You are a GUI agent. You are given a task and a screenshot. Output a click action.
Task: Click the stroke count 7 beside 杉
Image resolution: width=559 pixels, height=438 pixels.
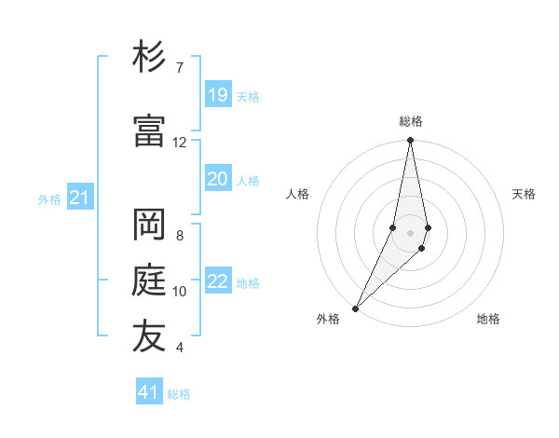point(180,68)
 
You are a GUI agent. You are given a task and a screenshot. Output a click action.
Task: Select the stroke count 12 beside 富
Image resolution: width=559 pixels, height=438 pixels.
point(180,143)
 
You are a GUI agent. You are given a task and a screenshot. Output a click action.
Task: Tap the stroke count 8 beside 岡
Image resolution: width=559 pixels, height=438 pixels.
point(180,236)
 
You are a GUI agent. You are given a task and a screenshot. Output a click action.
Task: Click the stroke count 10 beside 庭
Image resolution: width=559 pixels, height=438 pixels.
point(180,292)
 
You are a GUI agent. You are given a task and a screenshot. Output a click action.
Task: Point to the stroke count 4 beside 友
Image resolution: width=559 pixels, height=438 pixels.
point(180,348)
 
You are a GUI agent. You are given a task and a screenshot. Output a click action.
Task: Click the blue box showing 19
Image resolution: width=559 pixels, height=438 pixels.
point(218,95)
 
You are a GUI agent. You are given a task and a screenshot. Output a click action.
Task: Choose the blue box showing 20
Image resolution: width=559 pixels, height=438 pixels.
point(218,179)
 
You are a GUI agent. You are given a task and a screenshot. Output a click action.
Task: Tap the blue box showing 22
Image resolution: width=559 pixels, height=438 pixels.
point(218,281)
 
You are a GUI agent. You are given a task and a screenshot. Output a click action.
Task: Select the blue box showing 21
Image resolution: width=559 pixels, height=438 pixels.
point(79,198)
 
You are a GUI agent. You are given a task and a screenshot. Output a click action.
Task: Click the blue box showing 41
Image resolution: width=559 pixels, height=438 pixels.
point(149,392)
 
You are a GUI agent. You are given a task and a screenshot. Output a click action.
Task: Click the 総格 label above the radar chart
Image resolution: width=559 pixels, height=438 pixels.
point(411,121)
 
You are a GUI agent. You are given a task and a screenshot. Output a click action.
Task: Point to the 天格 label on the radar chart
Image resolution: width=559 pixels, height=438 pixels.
point(524,194)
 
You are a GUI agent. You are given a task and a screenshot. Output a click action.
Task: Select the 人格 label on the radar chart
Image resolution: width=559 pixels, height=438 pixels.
point(297,194)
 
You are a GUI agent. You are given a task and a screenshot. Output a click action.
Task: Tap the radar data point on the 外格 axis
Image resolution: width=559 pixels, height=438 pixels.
point(356,308)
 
